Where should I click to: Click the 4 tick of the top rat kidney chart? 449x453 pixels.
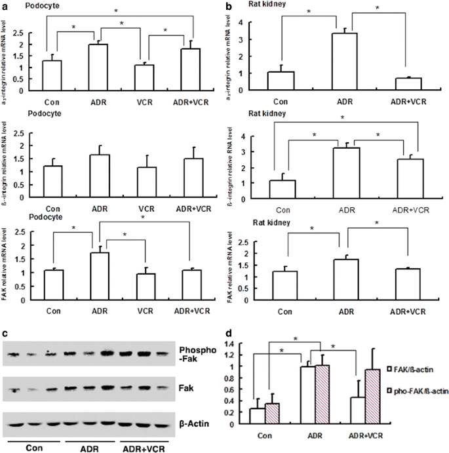point(260,22)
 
